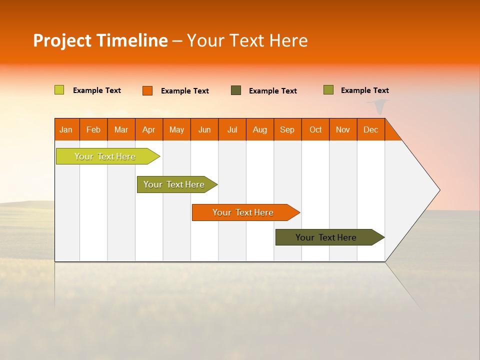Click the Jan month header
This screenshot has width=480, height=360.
tap(66, 129)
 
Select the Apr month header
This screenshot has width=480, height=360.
tap(149, 129)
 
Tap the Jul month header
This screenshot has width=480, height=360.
tap(232, 129)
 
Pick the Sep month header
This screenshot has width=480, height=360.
tap(287, 129)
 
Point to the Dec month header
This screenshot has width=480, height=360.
tap(370, 129)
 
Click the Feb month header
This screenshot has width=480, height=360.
tap(93, 129)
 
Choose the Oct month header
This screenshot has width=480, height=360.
tap(315, 129)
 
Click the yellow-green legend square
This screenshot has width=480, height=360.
tap(59, 90)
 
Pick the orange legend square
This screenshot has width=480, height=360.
tap(147, 90)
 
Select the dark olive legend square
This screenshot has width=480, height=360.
tap(236, 90)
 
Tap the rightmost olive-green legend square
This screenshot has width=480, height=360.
tap(328, 90)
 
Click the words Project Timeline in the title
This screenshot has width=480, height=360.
tap(100, 40)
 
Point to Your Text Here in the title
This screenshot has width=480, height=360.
tap(247, 40)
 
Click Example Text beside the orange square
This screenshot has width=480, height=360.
tap(184, 91)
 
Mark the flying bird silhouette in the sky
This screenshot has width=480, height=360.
tap(378, 105)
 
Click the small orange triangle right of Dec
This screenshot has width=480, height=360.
tap(391, 132)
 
